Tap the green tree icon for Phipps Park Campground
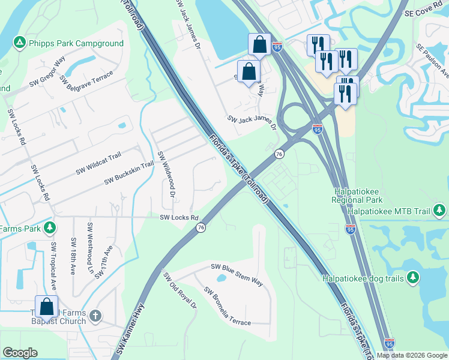point(20,43)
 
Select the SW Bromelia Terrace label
point(227,306)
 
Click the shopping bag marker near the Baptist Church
point(47,307)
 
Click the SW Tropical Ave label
point(53,266)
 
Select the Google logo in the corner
point(20,353)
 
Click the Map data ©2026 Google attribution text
point(411,355)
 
